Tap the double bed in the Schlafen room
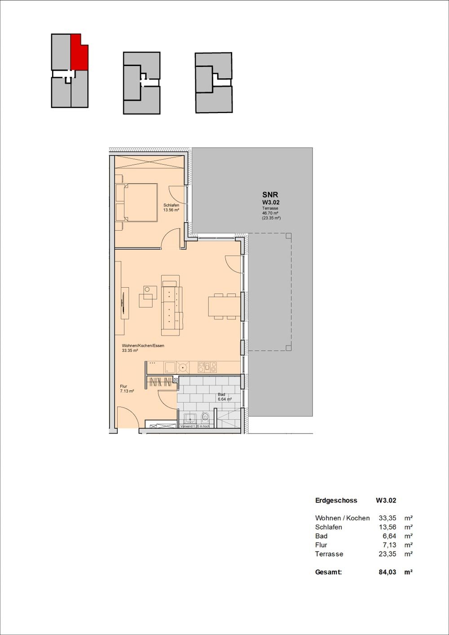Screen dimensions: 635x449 (x=137, y=202)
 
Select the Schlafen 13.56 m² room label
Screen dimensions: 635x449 (x=171, y=207)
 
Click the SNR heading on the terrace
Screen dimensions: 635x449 (x=270, y=195)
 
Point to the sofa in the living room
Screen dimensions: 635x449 (x=172, y=306)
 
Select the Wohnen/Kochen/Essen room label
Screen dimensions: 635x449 (x=143, y=348)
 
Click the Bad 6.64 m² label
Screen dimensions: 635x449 (x=224, y=397)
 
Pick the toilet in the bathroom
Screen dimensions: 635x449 (x=206, y=418)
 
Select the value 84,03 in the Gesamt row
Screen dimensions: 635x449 (x=387, y=572)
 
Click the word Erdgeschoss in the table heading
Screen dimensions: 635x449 (x=336, y=500)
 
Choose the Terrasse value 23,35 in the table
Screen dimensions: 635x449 (x=387, y=554)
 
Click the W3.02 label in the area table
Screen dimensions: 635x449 (x=386, y=500)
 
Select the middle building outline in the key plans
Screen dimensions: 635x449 (x=142, y=83)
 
